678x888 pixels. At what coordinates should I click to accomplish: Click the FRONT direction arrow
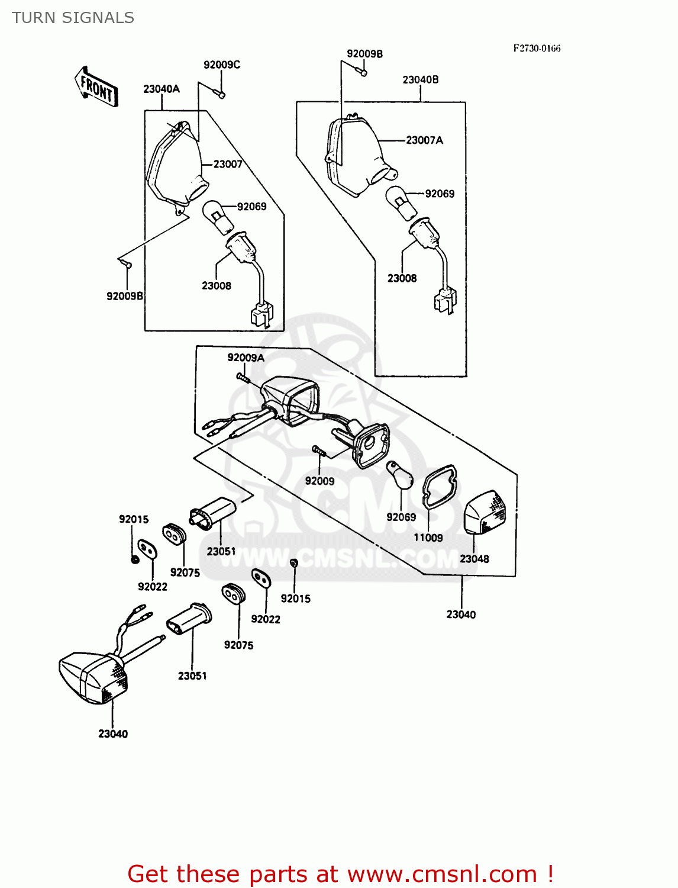(96, 87)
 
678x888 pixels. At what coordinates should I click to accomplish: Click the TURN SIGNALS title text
(73, 18)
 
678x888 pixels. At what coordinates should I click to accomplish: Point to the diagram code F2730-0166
(537, 49)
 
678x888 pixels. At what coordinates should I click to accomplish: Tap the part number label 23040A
(161, 89)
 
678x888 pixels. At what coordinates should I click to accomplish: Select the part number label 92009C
(222, 65)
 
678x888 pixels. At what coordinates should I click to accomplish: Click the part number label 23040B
(421, 79)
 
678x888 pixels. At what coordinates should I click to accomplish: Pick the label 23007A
(424, 140)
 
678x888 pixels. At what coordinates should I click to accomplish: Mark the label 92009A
(246, 358)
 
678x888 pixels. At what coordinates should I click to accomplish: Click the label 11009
(428, 538)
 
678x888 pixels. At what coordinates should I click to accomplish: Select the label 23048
(474, 559)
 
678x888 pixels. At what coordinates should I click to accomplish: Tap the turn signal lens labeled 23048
(486, 512)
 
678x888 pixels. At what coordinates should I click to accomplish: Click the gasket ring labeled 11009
(439, 487)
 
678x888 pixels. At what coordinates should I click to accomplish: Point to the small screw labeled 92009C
(219, 94)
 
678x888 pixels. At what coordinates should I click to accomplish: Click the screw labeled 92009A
(243, 377)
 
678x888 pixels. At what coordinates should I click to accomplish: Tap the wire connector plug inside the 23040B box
(445, 299)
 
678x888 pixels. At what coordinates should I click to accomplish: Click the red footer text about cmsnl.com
(340, 874)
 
